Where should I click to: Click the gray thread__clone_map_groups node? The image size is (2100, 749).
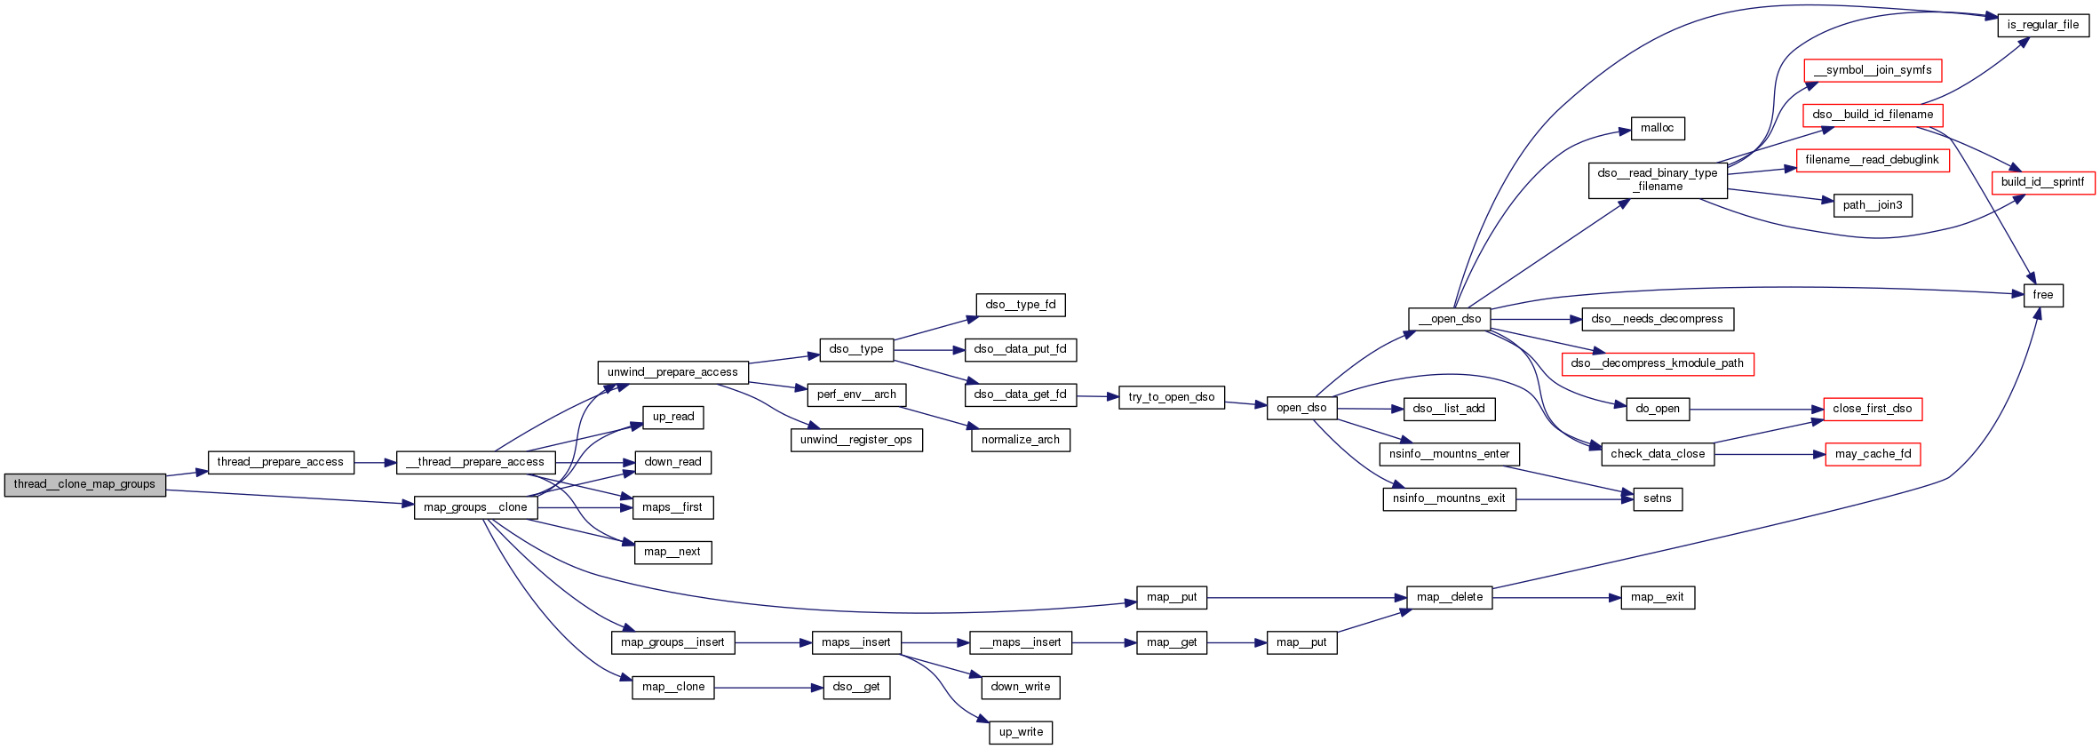pyautogui.click(x=84, y=484)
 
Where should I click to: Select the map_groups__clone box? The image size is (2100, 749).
pyautogui.click(x=475, y=507)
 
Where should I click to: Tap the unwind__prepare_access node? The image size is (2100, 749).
pyautogui.click(x=672, y=372)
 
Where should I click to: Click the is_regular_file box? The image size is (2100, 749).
pyautogui.click(x=2043, y=25)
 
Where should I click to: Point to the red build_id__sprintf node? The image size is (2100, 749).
pyautogui.click(x=2042, y=182)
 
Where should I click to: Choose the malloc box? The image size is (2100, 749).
pyautogui.click(x=1657, y=128)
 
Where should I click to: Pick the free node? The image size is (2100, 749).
pyautogui.click(x=2042, y=295)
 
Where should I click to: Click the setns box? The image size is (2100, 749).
pyautogui.click(x=1657, y=498)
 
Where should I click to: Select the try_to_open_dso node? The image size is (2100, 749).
pyautogui.click(x=1171, y=397)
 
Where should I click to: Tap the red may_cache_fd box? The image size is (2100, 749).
pyautogui.click(x=1873, y=454)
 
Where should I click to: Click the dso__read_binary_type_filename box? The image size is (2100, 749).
pyautogui.click(x=1657, y=179)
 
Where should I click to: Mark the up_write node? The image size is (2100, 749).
pyautogui.click(x=1021, y=732)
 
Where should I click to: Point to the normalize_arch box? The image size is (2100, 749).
pyautogui.click(x=1020, y=440)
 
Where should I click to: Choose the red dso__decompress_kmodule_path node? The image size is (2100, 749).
pyautogui.click(x=1657, y=363)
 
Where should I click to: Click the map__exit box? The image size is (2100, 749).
pyautogui.click(x=1657, y=597)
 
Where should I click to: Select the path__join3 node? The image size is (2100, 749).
pyautogui.click(x=1872, y=205)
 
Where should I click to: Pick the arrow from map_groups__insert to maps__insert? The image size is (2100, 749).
pyautogui.click(x=773, y=642)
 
